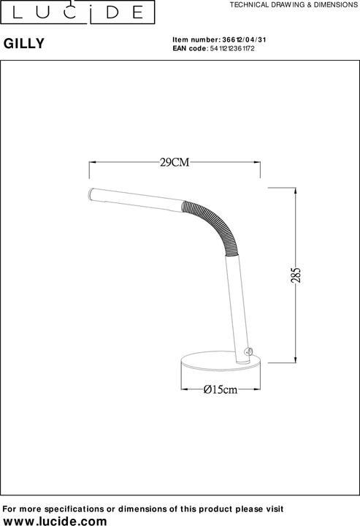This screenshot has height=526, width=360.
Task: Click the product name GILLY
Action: click(25, 43)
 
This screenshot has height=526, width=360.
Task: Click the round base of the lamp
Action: click(218, 363)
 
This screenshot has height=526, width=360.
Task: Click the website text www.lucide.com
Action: click(55, 520)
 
